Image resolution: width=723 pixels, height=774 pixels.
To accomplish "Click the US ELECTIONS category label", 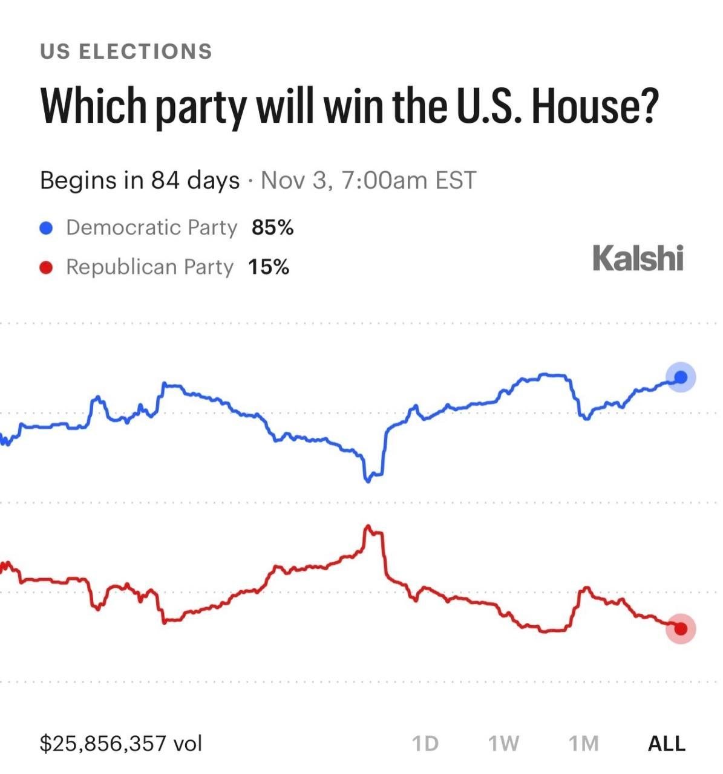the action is coord(126,51).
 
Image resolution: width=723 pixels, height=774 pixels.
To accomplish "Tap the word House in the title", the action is coord(593,106).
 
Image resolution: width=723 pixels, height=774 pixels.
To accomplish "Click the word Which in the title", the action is coord(93,106).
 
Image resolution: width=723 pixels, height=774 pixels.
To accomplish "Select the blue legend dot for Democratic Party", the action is coord(46,227).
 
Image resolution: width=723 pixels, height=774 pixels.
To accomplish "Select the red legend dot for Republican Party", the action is coord(46,267).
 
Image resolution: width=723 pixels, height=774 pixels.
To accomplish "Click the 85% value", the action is coord(272,227).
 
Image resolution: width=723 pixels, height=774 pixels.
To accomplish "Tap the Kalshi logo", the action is coord(638,258).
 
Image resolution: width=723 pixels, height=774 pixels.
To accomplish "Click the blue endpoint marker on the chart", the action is coord(681,377).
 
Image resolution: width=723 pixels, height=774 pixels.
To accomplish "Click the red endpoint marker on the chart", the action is coord(681,629).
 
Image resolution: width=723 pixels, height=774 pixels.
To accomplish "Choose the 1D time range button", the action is coord(425,744).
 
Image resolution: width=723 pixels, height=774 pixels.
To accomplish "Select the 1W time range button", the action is coord(503,744).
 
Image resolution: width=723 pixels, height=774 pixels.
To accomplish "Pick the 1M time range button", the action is coord(583,744).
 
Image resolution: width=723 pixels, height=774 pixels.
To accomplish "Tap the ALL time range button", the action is coord(667,744).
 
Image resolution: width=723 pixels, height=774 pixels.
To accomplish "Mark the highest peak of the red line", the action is coord(368,527).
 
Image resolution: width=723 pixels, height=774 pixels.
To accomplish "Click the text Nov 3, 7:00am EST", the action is coord(368,180).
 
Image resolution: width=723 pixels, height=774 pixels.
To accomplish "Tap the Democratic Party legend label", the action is coord(152,227).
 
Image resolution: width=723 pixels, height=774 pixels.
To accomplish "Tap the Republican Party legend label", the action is coord(150,267).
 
